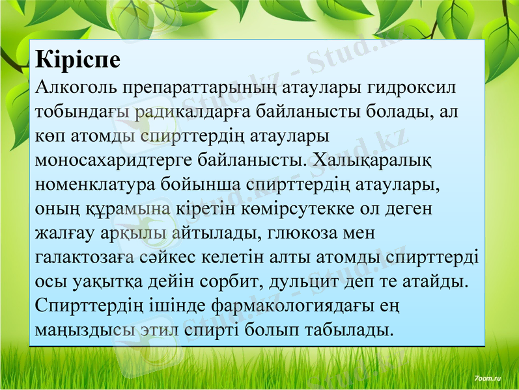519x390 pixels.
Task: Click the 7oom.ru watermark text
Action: click(488, 378)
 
